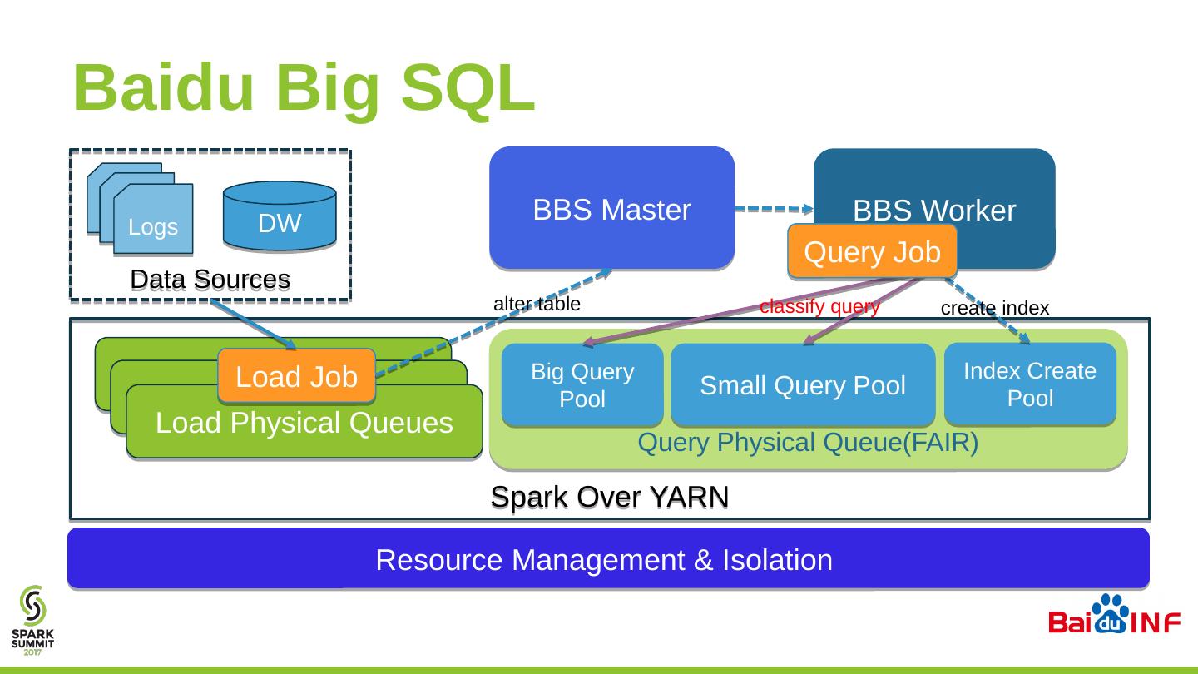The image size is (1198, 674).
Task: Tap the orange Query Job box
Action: (x=872, y=251)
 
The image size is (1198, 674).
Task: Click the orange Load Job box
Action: (x=296, y=376)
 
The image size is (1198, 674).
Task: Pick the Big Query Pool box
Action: (x=582, y=385)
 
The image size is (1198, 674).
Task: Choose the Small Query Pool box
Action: (x=803, y=385)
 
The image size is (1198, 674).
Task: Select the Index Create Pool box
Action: (x=1030, y=384)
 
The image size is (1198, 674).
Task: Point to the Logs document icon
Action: (x=153, y=218)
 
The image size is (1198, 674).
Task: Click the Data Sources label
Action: (x=210, y=280)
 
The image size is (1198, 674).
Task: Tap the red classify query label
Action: (x=819, y=306)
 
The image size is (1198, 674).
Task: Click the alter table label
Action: (x=537, y=305)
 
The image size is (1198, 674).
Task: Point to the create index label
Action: (x=995, y=309)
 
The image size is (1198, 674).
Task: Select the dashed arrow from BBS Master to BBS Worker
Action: (x=775, y=210)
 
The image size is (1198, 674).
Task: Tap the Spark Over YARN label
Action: (x=610, y=497)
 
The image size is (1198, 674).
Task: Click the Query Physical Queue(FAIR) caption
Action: (x=807, y=444)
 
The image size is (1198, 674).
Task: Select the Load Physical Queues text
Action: (x=304, y=423)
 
